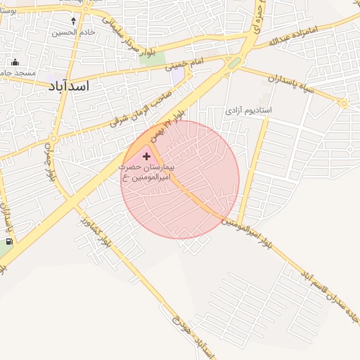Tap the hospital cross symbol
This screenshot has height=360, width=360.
pos(146,155)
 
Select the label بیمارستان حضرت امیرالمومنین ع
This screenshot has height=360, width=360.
pos(148,172)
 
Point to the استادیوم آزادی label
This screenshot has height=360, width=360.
pos(248,111)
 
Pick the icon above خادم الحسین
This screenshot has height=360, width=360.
pos(75,21)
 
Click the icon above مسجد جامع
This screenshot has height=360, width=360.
pos(15,62)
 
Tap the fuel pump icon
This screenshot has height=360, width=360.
pos(8,242)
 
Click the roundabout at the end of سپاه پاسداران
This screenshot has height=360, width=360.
pos(344,103)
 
